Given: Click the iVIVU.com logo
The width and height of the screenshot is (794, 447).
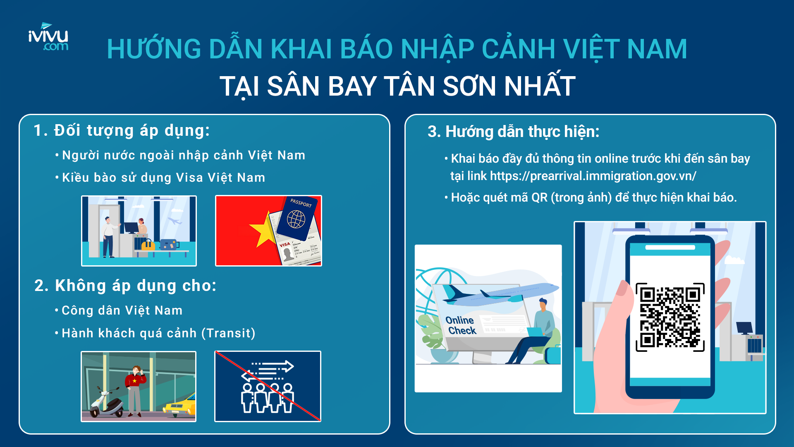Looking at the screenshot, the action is point(48,37).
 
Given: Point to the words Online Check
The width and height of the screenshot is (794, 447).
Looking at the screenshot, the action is point(461,325).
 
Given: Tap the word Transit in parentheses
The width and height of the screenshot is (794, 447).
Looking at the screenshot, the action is point(228,333).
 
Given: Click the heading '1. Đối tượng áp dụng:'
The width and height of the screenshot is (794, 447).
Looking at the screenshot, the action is point(122,130).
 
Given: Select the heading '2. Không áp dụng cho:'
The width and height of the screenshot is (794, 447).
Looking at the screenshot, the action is point(125,286).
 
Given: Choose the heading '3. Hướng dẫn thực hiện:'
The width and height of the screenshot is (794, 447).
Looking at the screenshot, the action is point(513,132).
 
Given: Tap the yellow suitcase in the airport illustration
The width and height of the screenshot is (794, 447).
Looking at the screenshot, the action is point(148,245).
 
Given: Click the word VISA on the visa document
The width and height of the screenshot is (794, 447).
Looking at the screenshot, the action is point(285,245).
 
